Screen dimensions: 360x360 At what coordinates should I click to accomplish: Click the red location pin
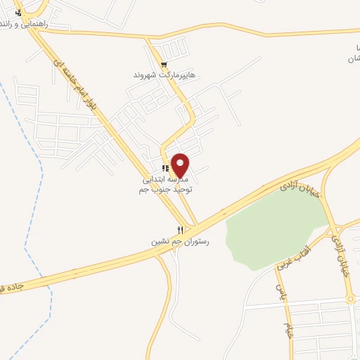click(181, 165)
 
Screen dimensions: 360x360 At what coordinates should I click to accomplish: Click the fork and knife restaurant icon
click(181, 230)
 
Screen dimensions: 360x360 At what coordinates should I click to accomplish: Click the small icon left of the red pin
click(165, 168)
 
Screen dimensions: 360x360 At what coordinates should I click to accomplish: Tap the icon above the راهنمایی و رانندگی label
click(18, 12)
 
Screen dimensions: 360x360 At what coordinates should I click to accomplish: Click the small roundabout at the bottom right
click(351, 300)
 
